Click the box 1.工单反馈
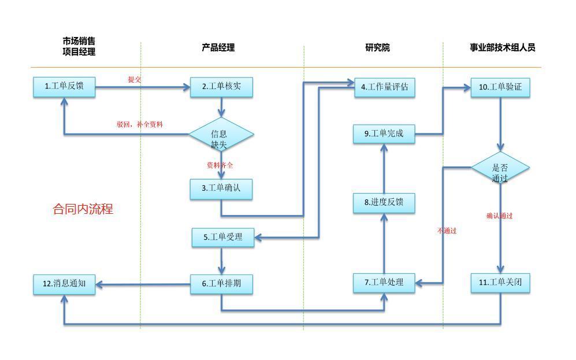coord(64,87)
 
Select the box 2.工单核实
coord(221,87)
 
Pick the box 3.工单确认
coord(221,188)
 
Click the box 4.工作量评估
coord(384,87)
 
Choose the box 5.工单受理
coord(222,237)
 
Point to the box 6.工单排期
coord(221,284)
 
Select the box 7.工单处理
coord(384,283)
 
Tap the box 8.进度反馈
coord(384,202)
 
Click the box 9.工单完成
coord(384,134)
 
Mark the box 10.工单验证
coord(500,87)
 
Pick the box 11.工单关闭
coord(500,283)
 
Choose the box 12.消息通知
coord(64,284)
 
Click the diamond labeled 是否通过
coord(500,168)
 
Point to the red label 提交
coord(134,80)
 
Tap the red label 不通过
coord(447,231)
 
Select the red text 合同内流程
coord(83,209)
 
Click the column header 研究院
coord(377,47)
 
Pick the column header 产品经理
coord(218,47)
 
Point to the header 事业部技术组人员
coord(502,47)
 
